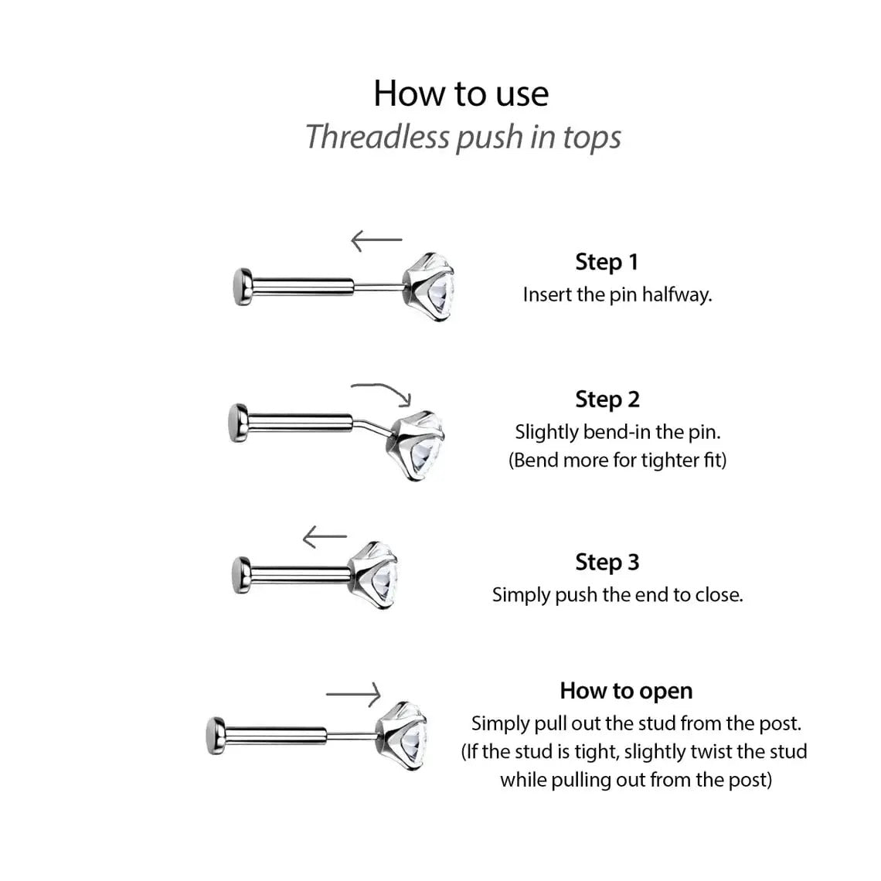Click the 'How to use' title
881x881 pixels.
tap(461, 94)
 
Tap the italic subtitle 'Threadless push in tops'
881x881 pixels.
tap(463, 137)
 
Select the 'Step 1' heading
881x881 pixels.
tap(607, 262)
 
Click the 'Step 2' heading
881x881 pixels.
tap(607, 400)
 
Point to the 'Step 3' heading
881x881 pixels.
tap(607, 563)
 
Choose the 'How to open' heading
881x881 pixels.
tap(626, 691)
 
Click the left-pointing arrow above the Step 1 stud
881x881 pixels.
tap(376, 240)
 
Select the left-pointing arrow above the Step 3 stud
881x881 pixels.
tap(325, 536)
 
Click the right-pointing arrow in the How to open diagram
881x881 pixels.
tap(354, 694)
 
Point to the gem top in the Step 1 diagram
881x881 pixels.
tap(427, 286)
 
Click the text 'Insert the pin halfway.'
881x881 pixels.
tap(617, 294)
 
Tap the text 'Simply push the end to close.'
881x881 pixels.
tap(617, 595)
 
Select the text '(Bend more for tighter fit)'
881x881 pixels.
tap(617, 461)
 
